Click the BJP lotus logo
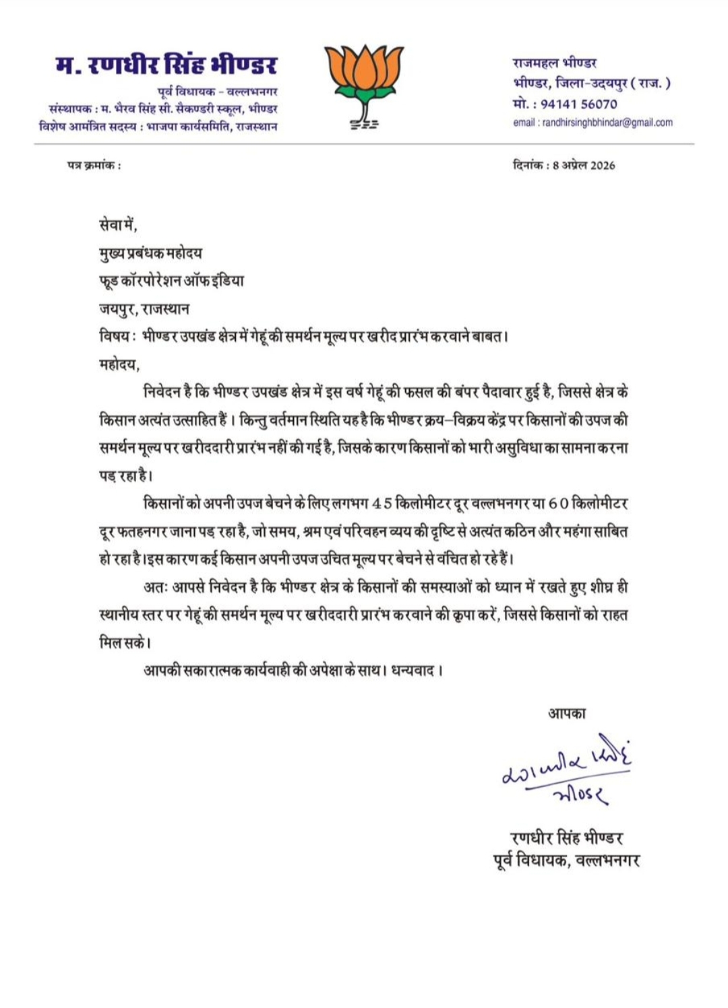click(364, 84)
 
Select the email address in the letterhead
click(593, 123)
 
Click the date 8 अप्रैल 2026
click(584, 166)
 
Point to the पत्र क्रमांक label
click(94, 166)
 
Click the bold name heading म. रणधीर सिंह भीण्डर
click(166, 65)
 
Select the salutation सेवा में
click(118, 225)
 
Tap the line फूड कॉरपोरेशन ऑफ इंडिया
click(171, 281)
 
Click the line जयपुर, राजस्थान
click(144, 309)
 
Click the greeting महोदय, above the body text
click(119, 365)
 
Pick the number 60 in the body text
click(558, 504)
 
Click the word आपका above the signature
click(567, 713)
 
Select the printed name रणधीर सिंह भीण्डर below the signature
click(567, 838)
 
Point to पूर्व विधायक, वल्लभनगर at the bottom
click(567, 860)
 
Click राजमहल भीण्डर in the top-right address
click(555, 63)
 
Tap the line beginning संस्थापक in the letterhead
click(163, 109)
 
